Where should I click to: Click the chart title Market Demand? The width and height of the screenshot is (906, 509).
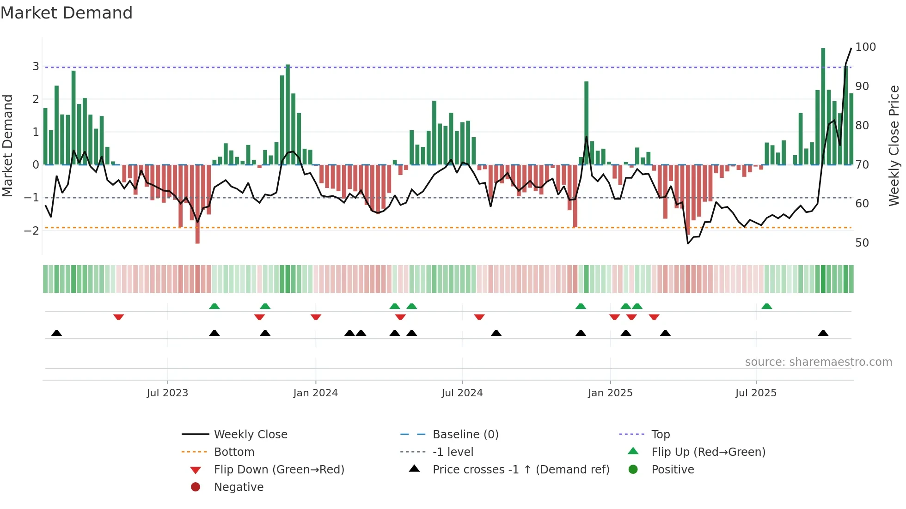pos(67,13)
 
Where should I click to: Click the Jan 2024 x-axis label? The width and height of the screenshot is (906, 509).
pos(315,393)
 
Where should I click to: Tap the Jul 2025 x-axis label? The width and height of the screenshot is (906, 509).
pos(756,393)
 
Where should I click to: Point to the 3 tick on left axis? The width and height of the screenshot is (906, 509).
pos(36,67)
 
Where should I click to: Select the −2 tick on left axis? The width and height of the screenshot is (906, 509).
pos(32,230)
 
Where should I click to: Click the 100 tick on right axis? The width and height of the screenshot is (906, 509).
pos(865,47)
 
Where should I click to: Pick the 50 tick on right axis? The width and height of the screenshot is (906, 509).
pos(862,243)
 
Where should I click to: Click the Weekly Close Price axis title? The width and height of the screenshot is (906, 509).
pos(894,145)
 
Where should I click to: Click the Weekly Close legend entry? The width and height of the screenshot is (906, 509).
pos(250,435)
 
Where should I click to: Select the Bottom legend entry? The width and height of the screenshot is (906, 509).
pos(234,452)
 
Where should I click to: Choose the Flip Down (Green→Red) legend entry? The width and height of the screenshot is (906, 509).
pos(279,470)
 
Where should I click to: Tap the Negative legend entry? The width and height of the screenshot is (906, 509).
pos(239,487)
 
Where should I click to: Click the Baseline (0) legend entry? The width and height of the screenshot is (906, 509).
pos(465,435)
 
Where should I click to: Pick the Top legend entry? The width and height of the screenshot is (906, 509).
pos(660,435)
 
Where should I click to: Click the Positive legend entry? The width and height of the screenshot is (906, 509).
pos(673,470)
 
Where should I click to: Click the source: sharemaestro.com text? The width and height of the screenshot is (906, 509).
pos(818,362)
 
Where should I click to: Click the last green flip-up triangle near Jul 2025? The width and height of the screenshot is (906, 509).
pos(766,306)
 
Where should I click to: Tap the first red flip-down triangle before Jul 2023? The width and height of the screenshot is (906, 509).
pos(118,317)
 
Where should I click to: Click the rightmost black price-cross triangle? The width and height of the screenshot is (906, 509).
pos(823,333)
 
